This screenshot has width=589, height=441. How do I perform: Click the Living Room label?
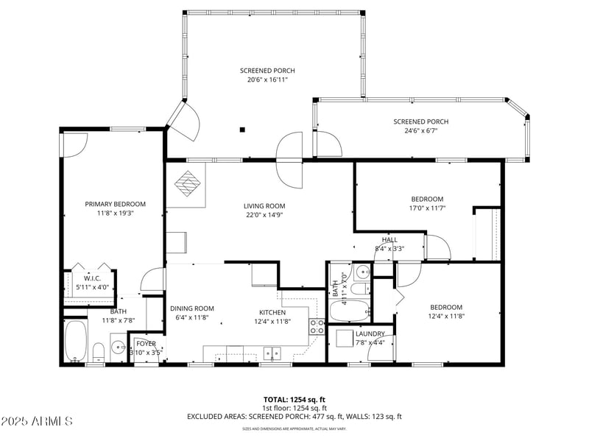point(264,206)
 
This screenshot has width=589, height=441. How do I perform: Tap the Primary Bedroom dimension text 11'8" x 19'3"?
point(115,214)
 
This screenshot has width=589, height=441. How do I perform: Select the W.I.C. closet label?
point(92,278)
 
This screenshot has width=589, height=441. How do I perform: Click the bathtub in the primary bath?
point(75,342)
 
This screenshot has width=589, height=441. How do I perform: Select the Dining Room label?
point(191,308)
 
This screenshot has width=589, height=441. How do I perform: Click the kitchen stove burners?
point(317,327)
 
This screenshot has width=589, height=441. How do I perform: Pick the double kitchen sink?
point(273,354)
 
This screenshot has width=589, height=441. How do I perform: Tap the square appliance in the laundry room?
point(345,338)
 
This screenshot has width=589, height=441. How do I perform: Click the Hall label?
point(389,240)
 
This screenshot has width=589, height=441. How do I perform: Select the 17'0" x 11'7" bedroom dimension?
point(427,208)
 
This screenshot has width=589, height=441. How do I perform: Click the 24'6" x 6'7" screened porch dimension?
point(420,131)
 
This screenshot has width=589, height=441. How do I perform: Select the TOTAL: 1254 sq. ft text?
point(294,399)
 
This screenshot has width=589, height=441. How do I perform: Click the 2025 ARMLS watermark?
point(37,421)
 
